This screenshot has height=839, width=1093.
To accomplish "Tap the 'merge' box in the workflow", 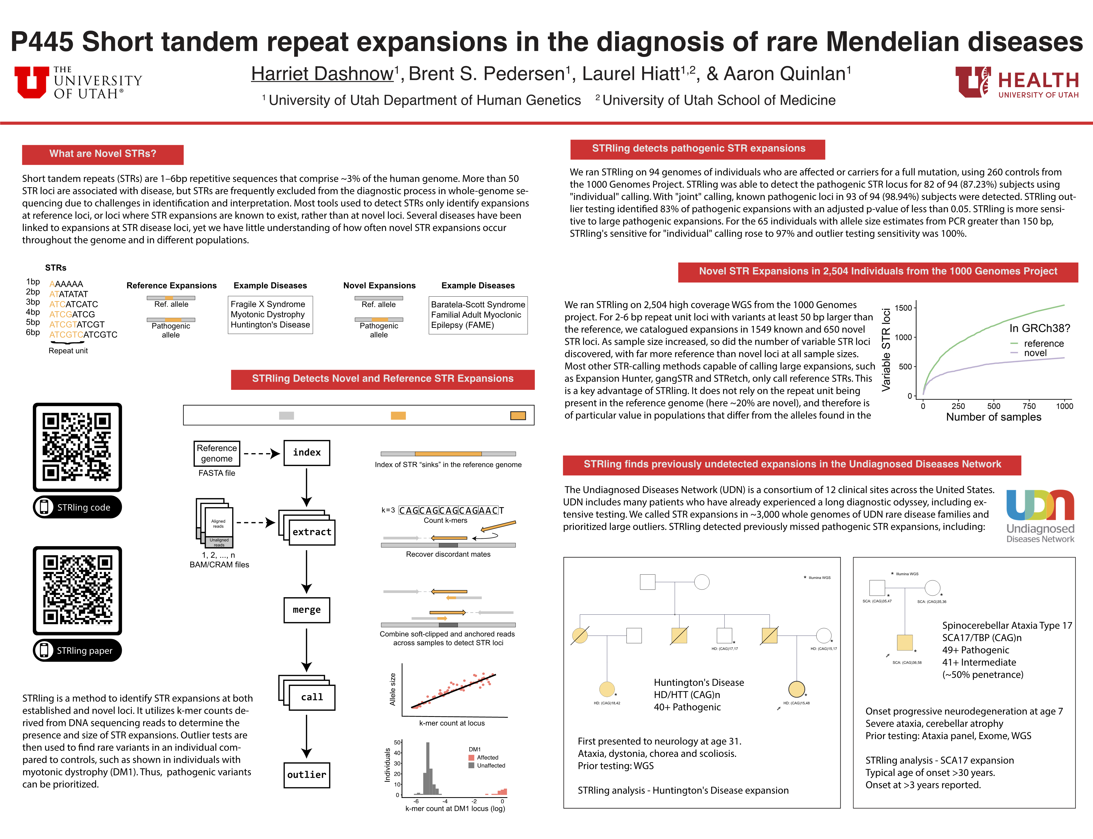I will click(x=307, y=610).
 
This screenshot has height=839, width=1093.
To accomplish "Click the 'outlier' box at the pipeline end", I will click(x=307, y=775).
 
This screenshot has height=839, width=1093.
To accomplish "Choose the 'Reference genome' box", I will click(x=217, y=453).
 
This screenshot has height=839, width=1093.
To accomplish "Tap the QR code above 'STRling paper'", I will click(x=77, y=590).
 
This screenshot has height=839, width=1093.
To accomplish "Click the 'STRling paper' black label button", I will click(x=77, y=650).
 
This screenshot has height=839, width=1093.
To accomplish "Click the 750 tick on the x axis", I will click(x=1029, y=406).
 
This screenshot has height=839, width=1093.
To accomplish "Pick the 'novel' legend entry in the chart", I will click(x=1035, y=353).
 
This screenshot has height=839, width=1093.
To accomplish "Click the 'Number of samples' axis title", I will click(x=994, y=417).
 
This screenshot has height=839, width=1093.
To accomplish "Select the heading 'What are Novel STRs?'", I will click(x=103, y=154).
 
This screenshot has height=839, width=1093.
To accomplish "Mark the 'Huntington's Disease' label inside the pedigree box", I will click(x=698, y=682).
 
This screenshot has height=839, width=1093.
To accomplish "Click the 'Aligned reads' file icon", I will click(x=218, y=523).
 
